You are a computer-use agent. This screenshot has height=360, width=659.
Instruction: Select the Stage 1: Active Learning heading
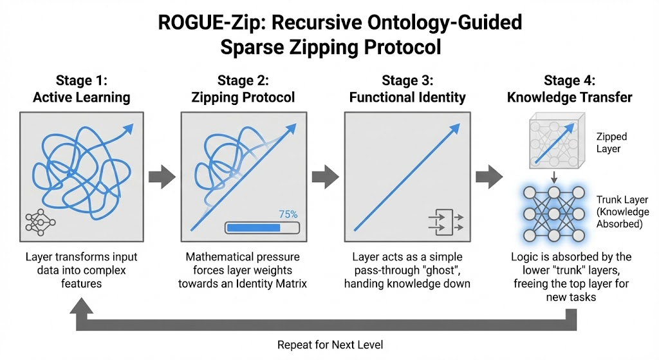(81, 90)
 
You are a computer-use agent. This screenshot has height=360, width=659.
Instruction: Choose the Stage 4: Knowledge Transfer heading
(570, 90)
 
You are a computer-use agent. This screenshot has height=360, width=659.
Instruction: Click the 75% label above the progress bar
(288, 214)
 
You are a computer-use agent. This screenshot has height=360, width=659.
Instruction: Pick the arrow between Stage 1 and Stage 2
(162, 175)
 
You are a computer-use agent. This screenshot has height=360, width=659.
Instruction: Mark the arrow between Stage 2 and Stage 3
(326, 175)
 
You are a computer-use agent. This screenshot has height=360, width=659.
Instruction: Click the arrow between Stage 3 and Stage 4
(490, 175)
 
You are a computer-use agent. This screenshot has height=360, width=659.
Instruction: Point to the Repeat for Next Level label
(329, 345)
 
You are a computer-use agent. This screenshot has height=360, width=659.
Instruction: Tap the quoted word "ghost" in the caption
(456, 270)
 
